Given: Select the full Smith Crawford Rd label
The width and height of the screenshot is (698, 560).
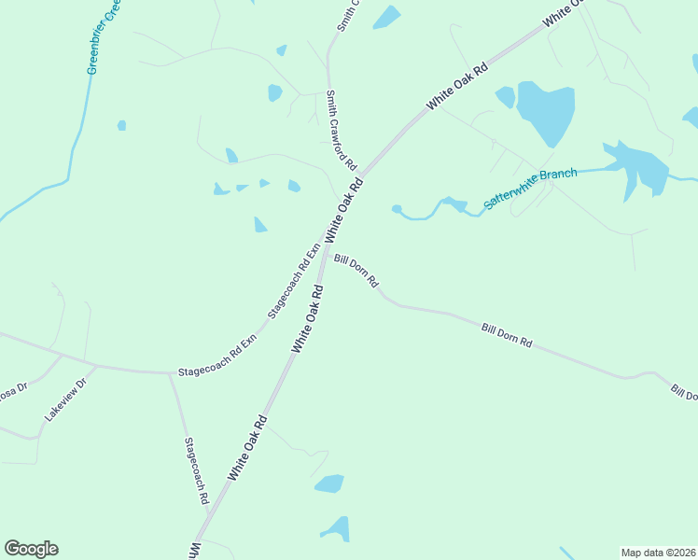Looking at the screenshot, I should [342, 130].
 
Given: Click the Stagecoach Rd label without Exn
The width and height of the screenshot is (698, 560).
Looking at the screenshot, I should [196, 471].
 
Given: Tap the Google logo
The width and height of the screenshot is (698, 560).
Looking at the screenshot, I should [31, 549].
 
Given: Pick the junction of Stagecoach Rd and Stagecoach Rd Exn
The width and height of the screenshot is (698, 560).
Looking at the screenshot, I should [168, 373].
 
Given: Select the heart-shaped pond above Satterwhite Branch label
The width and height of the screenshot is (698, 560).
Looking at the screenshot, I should [546, 112].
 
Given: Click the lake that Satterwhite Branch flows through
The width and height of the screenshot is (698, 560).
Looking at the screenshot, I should [638, 168].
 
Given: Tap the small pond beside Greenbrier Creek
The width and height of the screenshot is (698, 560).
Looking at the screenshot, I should [121, 125].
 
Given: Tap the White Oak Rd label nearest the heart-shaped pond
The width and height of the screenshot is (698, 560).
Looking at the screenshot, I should [457, 85].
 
